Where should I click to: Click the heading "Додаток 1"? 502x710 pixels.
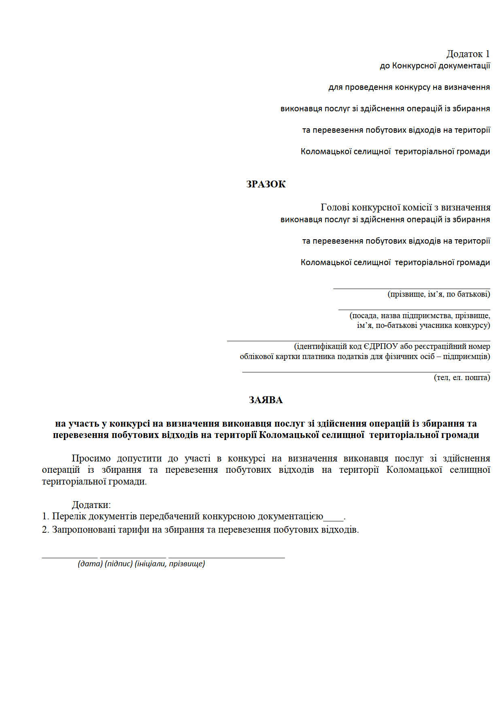pyautogui.click(x=468, y=54)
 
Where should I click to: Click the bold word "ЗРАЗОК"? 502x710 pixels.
pyautogui.click(x=266, y=184)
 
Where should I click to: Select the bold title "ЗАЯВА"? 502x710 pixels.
pyautogui.click(x=266, y=400)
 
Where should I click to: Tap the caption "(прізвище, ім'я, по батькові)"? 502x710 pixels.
pyautogui.click(x=438, y=294)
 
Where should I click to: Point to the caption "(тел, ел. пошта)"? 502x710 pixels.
pyautogui.click(x=462, y=378)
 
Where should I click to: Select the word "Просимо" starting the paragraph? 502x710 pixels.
pyautogui.click(x=91, y=459)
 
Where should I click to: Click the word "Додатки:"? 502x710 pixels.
pyautogui.click(x=91, y=505)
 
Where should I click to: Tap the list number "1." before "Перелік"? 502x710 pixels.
pyautogui.click(x=45, y=517)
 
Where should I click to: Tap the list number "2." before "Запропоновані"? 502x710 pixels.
pyautogui.click(x=45, y=530)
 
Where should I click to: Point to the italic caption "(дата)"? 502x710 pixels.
pyautogui.click(x=90, y=564)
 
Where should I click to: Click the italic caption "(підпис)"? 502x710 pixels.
pyautogui.click(x=119, y=564)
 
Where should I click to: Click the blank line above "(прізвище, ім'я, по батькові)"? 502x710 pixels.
pyautogui.click(x=411, y=288)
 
